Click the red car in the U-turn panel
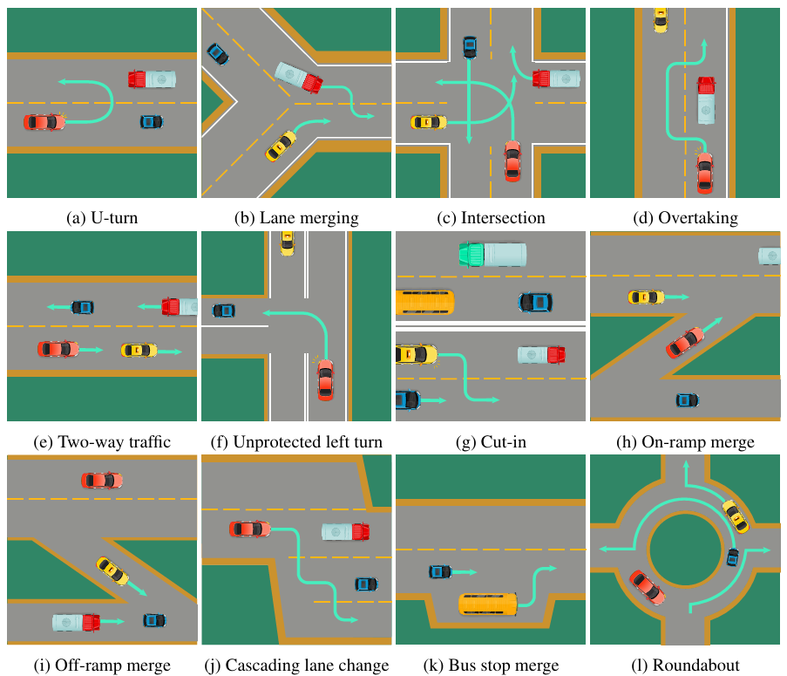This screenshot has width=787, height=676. click(44, 122)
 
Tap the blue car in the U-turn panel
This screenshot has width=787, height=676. click(152, 121)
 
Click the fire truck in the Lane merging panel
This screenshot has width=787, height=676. click(299, 77)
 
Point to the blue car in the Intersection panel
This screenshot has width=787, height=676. click(470, 47)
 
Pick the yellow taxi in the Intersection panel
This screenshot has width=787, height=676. click(428, 123)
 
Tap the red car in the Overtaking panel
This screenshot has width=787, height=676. click(704, 172)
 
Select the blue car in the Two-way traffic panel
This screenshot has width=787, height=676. click(82, 307)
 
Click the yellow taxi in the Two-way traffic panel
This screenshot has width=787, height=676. click(139, 350)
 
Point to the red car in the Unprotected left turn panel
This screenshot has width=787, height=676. click(325, 379)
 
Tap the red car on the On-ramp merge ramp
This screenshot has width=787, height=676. click(685, 342)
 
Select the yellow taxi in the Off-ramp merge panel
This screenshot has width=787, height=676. click(112, 570)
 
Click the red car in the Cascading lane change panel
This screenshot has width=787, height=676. click(250, 529)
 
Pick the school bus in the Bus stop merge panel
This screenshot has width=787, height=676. click(488, 604)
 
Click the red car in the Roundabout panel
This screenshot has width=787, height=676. click(647, 588)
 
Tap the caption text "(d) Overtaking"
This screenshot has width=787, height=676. click(685, 218)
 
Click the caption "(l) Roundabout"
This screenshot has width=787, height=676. click(685, 666)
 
